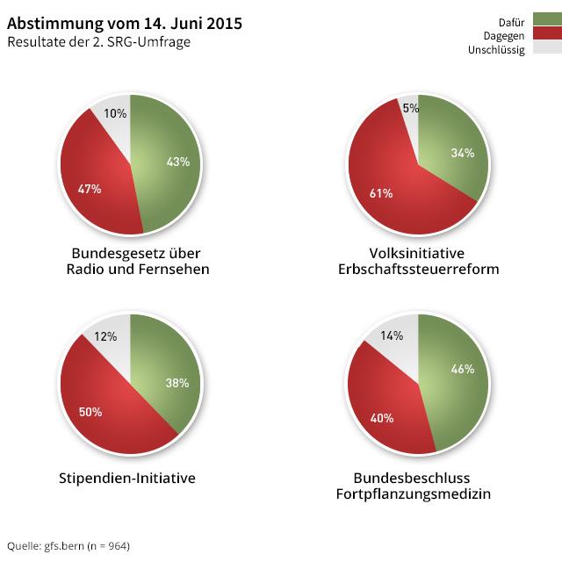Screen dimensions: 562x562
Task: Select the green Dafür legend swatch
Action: (544, 19)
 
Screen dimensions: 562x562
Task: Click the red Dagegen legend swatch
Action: (544, 34)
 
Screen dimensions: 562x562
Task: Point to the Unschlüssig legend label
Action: (497, 49)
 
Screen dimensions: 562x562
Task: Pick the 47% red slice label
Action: (90, 188)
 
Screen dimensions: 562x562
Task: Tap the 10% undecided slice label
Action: (115, 113)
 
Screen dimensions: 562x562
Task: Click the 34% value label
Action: (462, 153)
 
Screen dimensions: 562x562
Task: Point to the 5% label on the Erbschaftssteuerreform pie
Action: (410, 108)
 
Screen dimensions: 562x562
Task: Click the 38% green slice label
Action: (177, 383)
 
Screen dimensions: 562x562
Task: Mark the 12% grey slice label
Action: (105, 337)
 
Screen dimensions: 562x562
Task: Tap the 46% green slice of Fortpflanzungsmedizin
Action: (462, 369)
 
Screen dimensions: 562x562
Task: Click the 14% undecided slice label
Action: (392, 335)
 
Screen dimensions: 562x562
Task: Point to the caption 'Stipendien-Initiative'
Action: (126, 479)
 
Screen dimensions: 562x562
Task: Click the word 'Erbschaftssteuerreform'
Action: (418, 269)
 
